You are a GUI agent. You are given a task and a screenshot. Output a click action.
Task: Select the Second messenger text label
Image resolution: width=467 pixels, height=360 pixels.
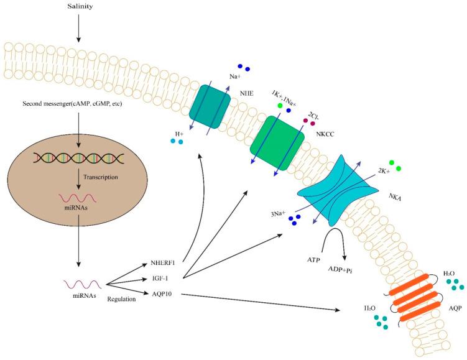tap(79, 103)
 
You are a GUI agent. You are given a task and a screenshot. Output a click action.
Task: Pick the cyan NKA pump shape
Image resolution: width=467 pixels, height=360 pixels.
tap(338, 188)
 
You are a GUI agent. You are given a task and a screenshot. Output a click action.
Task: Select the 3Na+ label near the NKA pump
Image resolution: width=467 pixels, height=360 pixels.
tap(278, 215)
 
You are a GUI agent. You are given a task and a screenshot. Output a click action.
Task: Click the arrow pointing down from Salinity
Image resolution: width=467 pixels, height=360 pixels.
tap(81, 27)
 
